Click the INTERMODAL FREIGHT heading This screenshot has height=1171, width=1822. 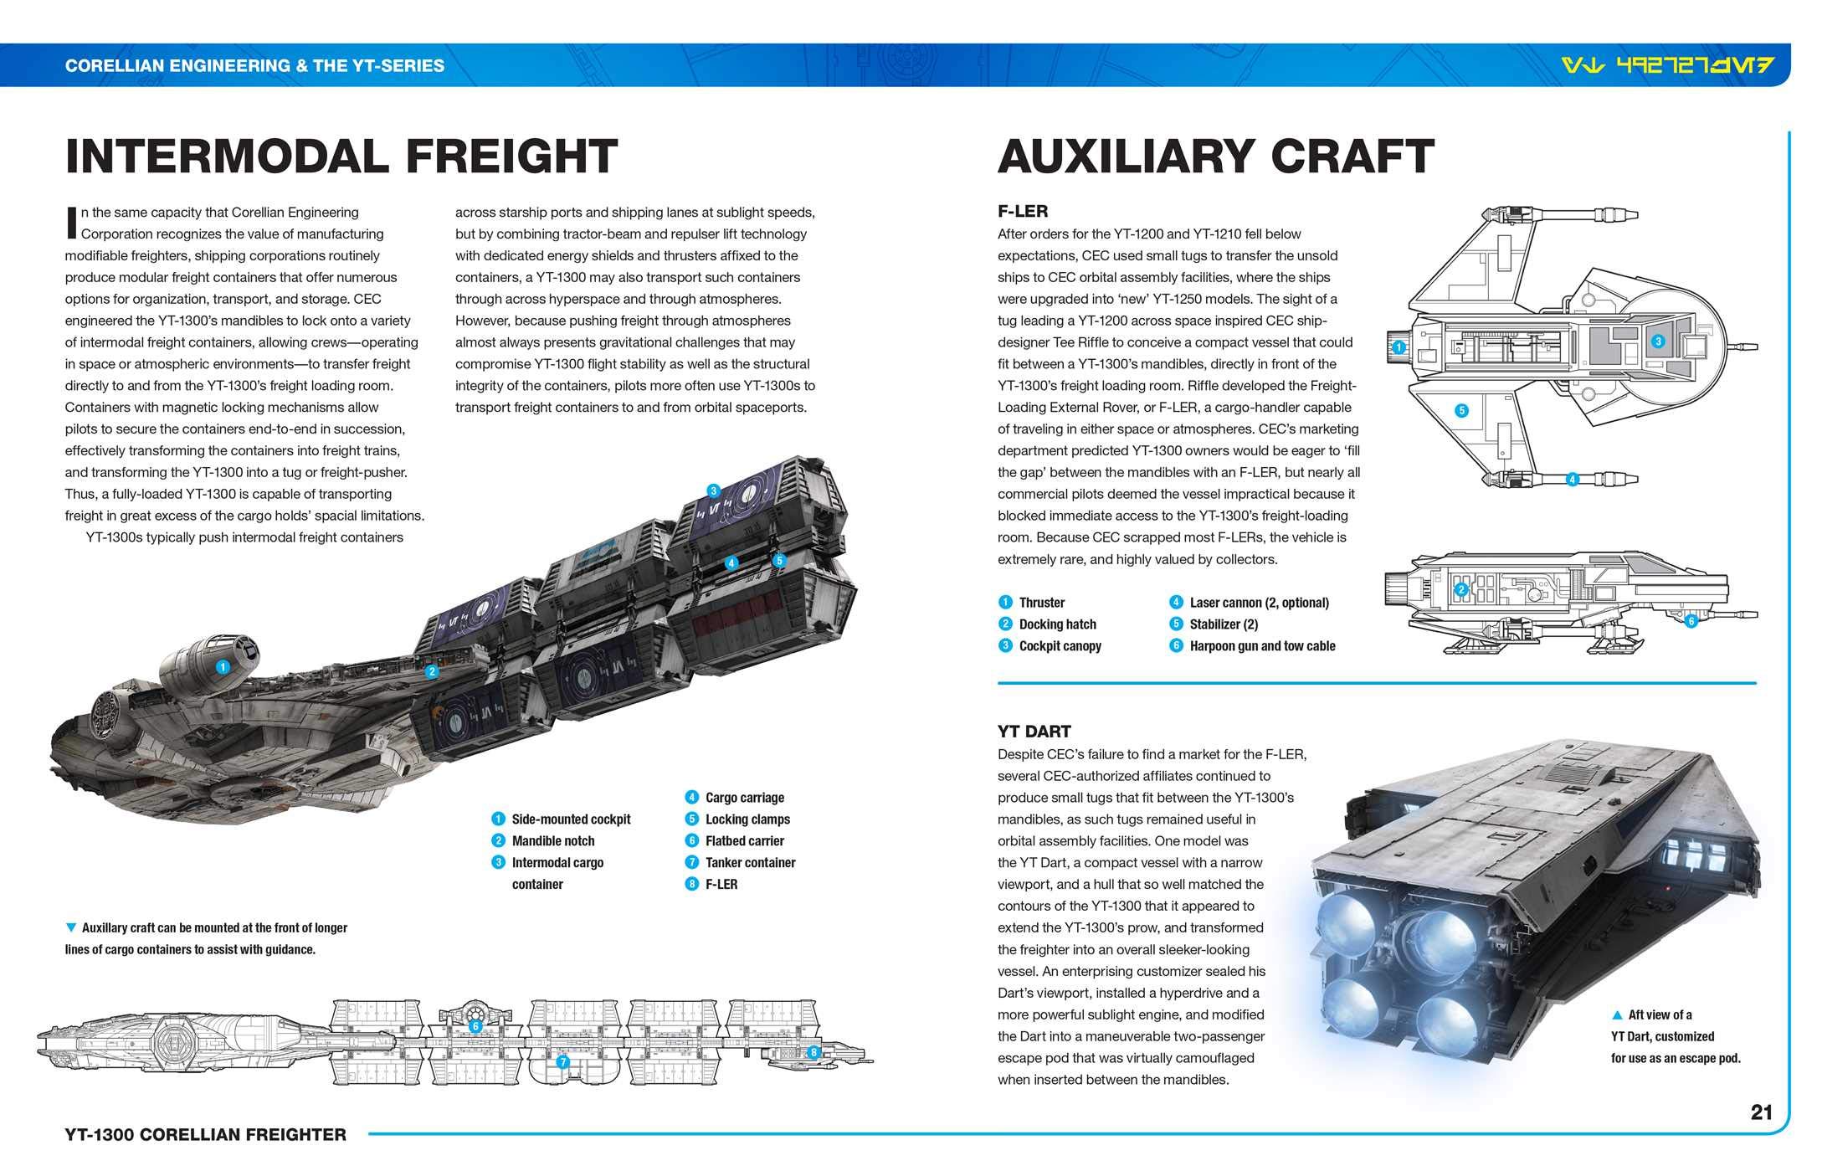pos(341,157)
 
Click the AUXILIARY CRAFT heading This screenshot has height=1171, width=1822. pos(1215,157)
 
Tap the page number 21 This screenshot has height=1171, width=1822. pos(1761,1112)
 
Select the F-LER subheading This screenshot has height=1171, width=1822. pos(1023,212)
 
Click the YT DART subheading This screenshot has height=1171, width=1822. pos(1034,732)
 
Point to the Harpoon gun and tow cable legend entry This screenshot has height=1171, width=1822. pos(1261,646)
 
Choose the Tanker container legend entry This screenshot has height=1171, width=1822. pos(749,863)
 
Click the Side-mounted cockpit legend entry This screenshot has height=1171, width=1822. pos(570,819)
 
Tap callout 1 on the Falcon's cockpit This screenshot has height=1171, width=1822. pos(223,667)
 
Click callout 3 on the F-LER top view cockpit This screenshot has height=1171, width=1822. pos(1657,342)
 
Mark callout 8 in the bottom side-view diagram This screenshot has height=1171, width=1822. pos(812,1052)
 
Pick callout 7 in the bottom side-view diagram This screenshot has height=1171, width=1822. pos(563,1062)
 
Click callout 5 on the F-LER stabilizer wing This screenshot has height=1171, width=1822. pos(1461,411)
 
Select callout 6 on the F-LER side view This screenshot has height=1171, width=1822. pos(1691,621)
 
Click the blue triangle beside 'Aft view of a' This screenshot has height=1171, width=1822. pos(1618,1015)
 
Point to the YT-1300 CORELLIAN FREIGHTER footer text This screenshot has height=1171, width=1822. pos(206,1135)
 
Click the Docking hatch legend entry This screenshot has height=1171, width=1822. pos(1056,624)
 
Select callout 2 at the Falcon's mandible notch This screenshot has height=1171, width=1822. pos(432,671)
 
